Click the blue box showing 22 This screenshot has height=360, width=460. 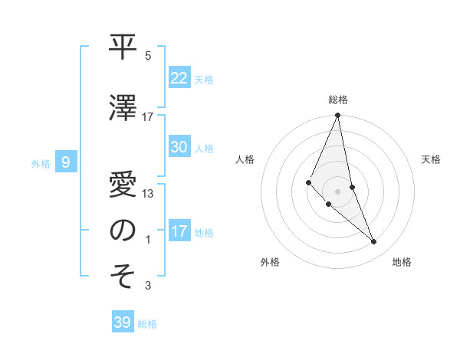(179, 78)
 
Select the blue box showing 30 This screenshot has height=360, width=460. (179, 147)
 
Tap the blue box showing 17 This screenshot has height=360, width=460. (179, 231)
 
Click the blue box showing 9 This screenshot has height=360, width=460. (66, 162)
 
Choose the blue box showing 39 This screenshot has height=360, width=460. (123, 322)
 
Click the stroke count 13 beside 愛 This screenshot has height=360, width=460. (148, 194)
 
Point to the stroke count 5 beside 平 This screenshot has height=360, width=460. (148, 56)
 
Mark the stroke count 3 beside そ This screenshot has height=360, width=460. (148, 286)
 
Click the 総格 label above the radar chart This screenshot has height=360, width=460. (338, 100)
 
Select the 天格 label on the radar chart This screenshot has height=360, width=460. (432, 159)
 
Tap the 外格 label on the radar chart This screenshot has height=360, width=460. (270, 262)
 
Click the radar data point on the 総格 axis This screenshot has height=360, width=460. (338, 116)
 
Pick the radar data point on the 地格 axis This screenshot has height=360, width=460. (374, 242)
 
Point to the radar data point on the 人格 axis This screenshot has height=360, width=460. (308, 182)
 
